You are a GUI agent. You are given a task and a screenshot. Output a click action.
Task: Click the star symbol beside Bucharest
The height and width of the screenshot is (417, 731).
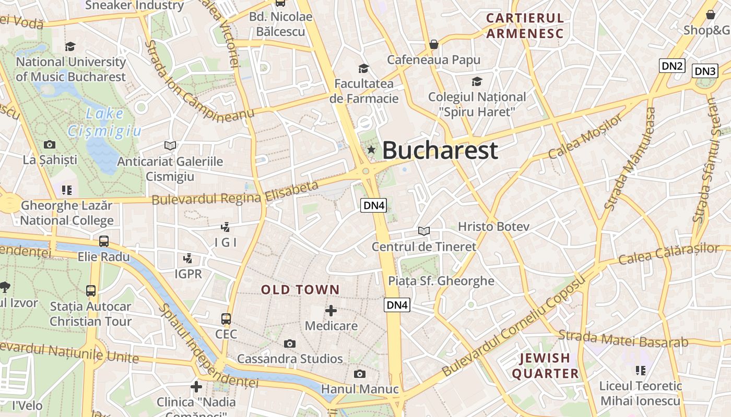(371, 150)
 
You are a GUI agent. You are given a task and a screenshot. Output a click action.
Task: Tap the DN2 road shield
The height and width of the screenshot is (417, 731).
(672, 66)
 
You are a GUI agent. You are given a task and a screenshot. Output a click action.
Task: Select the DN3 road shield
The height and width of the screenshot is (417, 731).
(705, 71)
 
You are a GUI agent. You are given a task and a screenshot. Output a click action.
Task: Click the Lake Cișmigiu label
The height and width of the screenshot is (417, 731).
(104, 122)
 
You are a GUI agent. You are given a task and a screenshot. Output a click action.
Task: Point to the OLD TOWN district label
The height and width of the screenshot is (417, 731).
(300, 290)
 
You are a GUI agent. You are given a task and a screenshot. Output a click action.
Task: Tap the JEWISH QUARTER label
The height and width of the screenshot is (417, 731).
(545, 365)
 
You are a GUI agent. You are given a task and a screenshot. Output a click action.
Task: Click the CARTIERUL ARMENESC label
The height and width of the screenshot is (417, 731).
(525, 26)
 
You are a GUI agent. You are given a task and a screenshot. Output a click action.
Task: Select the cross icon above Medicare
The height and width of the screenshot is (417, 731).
(331, 311)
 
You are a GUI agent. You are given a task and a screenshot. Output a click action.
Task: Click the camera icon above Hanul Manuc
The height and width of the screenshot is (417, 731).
(359, 374)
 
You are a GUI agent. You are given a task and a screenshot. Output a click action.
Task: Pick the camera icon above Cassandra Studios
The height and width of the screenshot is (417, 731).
(290, 344)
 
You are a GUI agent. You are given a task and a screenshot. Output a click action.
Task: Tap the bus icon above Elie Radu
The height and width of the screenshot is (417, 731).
(104, 241)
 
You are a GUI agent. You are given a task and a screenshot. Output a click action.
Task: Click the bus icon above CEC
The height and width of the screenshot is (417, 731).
(226, 318)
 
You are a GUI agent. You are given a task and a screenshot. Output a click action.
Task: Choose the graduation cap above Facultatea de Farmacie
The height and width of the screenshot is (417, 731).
(363, 68)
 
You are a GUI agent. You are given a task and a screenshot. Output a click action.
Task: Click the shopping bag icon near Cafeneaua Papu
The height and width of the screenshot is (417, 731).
(433, 45)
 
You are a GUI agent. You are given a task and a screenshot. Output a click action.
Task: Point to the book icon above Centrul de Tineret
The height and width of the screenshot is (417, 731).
(424, 231)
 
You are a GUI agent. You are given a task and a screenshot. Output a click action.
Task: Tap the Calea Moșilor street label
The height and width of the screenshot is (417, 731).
(585, 137)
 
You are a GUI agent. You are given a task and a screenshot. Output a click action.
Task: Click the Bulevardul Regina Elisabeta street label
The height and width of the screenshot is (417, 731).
(235, 193)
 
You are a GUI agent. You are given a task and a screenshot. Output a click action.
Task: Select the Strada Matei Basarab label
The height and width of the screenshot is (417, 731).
(623, 339)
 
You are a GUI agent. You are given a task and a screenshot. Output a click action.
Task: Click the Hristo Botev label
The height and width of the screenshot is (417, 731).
(493, 227)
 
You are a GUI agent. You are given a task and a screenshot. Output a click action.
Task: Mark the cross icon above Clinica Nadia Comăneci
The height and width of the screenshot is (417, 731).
(196, 386)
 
